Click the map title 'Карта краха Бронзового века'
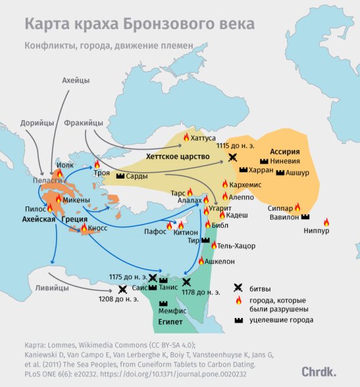point(139,24)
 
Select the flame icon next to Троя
point(97,164)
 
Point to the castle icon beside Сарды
point(121,176)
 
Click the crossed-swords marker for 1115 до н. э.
point(232,157)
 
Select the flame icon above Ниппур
point(326,222)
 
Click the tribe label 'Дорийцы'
point(37,122)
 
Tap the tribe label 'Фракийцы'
point(84,122)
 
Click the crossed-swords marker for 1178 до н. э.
point(186,282)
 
